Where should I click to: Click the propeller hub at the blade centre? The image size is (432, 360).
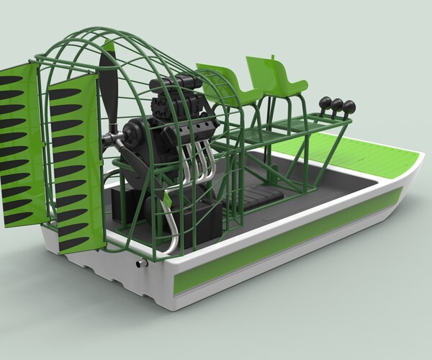point(112,138)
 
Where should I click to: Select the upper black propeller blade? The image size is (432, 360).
point(109,86)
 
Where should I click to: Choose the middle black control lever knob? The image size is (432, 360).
point(336,104)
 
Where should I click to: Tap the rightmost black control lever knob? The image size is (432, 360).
point(349,107)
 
